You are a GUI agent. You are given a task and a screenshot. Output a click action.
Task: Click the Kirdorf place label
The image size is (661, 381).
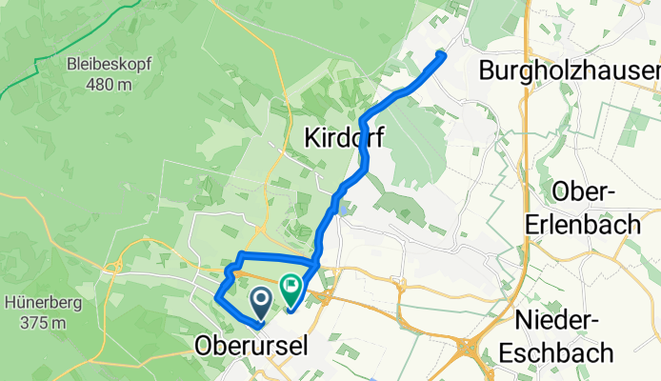(344, 138)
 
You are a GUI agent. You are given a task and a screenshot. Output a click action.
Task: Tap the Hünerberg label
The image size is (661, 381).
(40, 303)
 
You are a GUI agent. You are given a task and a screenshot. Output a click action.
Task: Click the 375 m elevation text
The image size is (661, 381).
(40, 323)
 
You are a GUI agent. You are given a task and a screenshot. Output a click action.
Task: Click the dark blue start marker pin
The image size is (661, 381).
(260, 302)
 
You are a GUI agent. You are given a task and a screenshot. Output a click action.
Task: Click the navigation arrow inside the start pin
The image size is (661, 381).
(260, 299)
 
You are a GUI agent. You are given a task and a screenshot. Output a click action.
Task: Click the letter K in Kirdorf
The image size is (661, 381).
(311, 138)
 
